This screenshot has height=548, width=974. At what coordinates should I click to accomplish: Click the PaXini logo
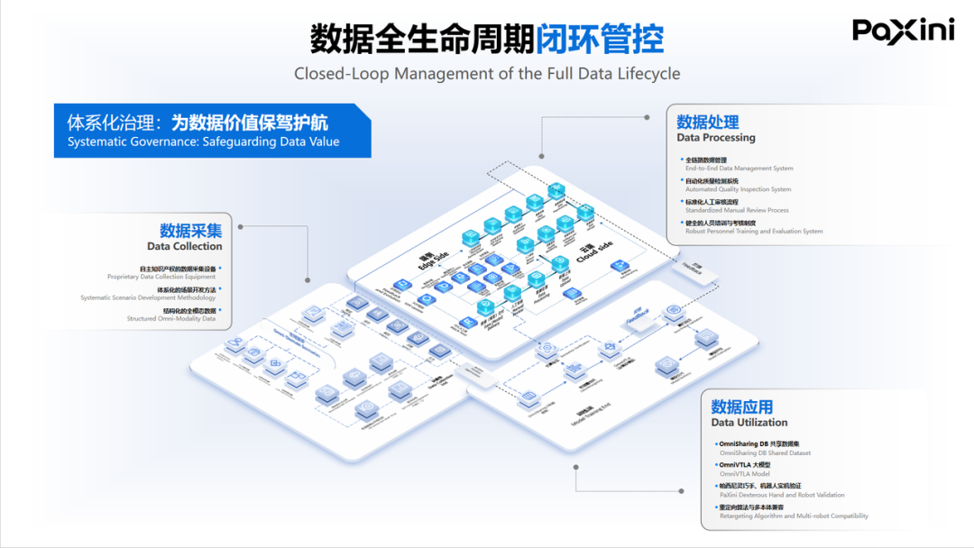(x=903, y=31)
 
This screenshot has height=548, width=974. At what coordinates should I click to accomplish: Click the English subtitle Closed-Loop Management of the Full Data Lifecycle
(x=487, y=73)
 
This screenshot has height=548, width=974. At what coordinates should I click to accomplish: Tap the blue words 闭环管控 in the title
(x=600, y=39)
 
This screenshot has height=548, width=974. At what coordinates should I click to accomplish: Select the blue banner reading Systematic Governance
(x=212, y=131)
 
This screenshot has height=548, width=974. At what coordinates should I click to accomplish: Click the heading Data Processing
(x=716, y=138)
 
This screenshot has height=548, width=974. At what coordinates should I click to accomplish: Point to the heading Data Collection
(x=185, y=246)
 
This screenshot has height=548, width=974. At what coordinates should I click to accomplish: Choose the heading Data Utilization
(x=749, y=422)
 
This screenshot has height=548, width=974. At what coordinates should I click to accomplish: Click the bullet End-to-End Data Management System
(x=739, y=169)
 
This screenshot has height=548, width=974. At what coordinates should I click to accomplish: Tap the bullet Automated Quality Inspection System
(x=738, y=189)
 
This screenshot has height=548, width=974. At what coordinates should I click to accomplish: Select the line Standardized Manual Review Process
(x=737, y=210)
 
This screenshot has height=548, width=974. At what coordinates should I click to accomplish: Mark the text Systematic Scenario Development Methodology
(x=148, y=297)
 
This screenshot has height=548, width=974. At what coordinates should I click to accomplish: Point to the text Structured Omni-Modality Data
(x=170, y=318)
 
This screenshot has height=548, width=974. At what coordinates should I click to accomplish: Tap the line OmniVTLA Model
(x=744, y=473)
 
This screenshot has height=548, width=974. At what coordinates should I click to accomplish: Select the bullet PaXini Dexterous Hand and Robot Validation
(x=782, y=495)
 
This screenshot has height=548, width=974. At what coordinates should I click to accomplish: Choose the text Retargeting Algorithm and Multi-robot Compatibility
(x=794, y=516)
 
